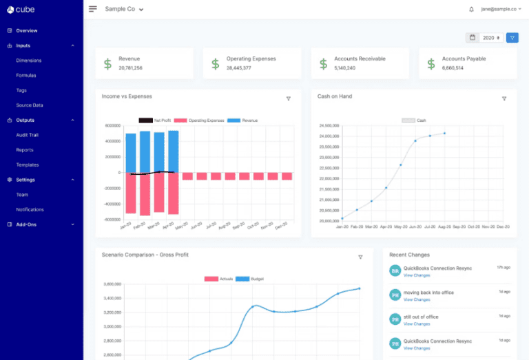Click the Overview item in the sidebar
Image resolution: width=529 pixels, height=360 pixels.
26,31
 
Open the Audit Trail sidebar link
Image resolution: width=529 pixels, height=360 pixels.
27,135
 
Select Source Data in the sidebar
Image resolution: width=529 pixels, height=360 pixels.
30,105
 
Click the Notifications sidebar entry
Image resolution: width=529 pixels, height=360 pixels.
30,209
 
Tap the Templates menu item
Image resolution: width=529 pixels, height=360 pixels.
28,165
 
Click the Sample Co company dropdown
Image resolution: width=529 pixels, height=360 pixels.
124,10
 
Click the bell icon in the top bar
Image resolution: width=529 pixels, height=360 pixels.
471,10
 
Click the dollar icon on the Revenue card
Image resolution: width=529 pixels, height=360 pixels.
107,64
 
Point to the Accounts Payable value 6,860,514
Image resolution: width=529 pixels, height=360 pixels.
453,68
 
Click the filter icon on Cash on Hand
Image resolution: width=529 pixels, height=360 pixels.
504,99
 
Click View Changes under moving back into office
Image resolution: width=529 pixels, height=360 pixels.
417,299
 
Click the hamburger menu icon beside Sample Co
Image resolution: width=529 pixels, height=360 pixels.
93,10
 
